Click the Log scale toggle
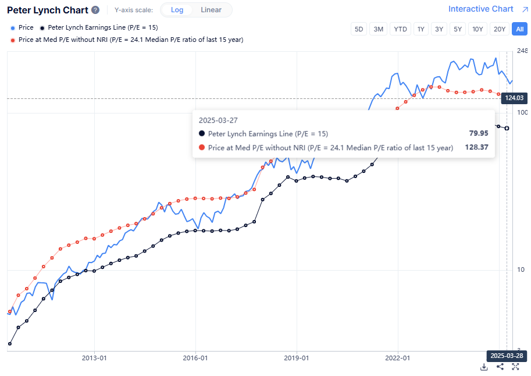[177, 10]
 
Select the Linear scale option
[211, 10]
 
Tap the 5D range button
[359, 29]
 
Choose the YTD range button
[400, 29]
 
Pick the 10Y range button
[477, 29]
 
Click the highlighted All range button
[519, 29]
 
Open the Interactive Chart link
[481, 9]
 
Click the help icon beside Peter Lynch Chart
[95, 10]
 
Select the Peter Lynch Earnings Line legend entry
[98, 27]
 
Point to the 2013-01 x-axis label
[94, 358]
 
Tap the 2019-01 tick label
[297, 358]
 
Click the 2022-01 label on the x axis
[398, 358]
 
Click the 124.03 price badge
[514, 98]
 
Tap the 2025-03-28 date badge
[506, 355]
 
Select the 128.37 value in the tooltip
[476, 147]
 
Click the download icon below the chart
[484, 367]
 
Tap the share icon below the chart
[500, 367]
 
